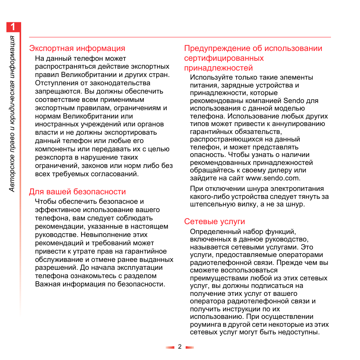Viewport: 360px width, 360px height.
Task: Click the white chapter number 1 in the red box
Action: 13,28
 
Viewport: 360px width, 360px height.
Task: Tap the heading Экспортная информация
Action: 77,48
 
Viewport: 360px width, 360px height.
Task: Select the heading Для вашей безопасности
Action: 77,192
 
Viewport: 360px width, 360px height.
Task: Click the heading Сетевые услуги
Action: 214,222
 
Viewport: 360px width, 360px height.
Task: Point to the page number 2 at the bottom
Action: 180,347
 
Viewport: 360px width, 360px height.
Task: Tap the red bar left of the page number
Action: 170,347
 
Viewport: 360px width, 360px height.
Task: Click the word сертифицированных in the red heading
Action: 224,58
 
